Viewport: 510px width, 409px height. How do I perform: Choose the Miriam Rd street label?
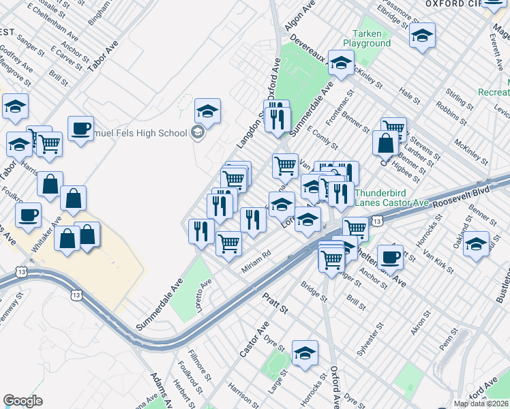(257, 262)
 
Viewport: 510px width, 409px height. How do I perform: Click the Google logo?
(23, 401)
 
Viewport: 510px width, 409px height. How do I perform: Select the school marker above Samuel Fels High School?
(207, 110)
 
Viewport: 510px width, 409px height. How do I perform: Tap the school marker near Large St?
(305, 352)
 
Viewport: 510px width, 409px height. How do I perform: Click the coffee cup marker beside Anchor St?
(390, 258)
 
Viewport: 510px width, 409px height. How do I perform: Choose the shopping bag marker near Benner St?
(385, 143)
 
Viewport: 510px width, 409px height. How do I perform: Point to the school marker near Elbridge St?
(423, 35)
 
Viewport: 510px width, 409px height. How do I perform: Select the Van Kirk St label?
(440, 262)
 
